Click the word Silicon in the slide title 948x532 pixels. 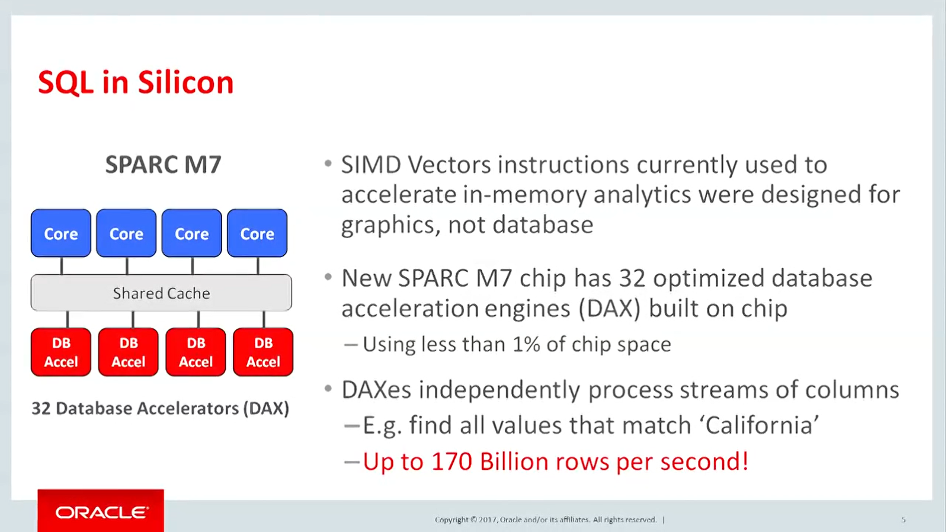[x=185, y=82]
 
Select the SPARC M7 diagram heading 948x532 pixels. [x=163, y=165]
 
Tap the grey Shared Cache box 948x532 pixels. [x=161, y=293]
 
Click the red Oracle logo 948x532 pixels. [x=101, y=511]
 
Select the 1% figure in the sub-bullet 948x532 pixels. [x=526, y=344]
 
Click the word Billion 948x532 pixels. [x=514, y=462]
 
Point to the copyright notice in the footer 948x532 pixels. [x=546, y=520]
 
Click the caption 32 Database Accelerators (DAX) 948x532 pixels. [x=160, y=408]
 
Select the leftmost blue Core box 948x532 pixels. [x=61, y=233]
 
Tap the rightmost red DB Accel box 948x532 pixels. [x=263, y=352]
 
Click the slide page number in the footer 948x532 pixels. [x=903, y=520]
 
